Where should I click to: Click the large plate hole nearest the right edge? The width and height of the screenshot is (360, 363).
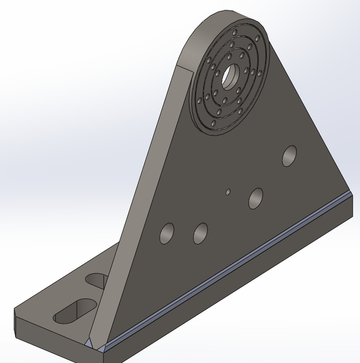coord(290,156)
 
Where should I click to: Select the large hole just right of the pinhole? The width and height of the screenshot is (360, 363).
coord(256,197)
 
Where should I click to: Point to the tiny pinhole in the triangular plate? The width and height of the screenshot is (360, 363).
coord(228,192)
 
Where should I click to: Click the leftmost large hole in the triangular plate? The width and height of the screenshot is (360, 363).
coord(167,233)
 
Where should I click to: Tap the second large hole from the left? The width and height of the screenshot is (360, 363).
coord(200,233)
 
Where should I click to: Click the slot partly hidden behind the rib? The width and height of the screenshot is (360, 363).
coord(98,280)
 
